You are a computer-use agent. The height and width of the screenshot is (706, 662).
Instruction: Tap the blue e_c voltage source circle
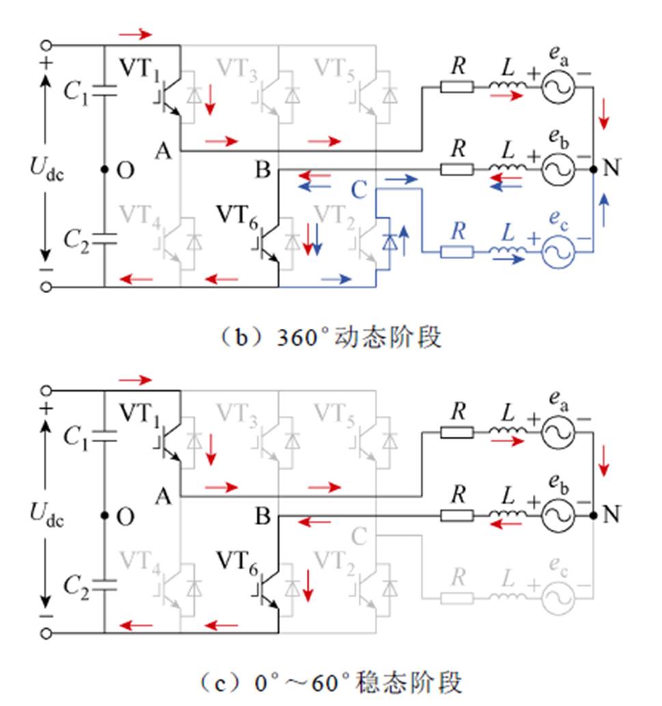click(x=557, y=252)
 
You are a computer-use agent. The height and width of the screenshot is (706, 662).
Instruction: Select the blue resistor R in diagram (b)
click(x=456, y=252)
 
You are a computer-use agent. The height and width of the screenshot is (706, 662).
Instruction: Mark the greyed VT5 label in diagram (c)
click(x=333, y=413)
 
